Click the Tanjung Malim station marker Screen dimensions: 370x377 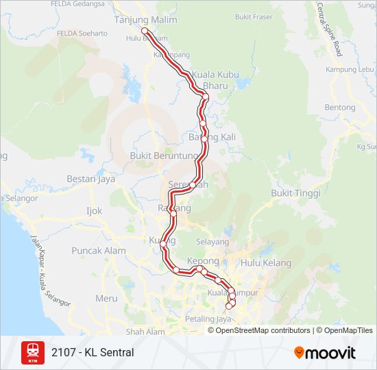pos(145,31)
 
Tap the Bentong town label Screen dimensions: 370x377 pos(340,108)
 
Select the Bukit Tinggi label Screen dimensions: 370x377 pos(291,193)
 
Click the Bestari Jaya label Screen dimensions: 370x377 pos(90,180)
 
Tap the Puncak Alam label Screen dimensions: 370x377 pos(99,251)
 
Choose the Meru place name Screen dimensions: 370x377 pos(106,298)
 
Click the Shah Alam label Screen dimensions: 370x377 pos(146,332)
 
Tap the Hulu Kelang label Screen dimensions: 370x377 pos(266,263)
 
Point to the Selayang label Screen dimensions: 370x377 pos(212,242)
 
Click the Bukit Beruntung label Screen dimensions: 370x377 pos(163,156)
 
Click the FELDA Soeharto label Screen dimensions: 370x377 pos(82,33)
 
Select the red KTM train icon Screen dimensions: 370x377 pos(32,352)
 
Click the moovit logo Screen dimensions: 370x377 pos(325,353)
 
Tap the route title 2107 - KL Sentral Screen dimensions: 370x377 pos(93,353)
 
